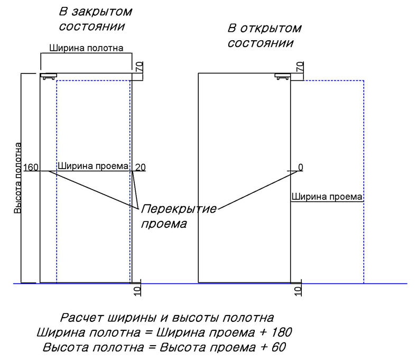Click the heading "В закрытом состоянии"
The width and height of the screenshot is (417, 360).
95,19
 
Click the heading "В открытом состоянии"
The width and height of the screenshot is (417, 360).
264,35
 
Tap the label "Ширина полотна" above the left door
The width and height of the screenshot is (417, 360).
86,48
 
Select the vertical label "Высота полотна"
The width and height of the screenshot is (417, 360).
18,178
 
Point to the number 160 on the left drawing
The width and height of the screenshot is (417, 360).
31,168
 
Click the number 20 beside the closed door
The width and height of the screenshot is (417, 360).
141,168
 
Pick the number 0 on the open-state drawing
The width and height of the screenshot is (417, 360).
301,168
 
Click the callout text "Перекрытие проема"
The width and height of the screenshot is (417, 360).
179,216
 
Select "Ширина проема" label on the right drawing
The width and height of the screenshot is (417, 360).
327,197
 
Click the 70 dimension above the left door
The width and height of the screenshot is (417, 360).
139,67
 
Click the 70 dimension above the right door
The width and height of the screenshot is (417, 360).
300,67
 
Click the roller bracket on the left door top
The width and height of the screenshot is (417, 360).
49,77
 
